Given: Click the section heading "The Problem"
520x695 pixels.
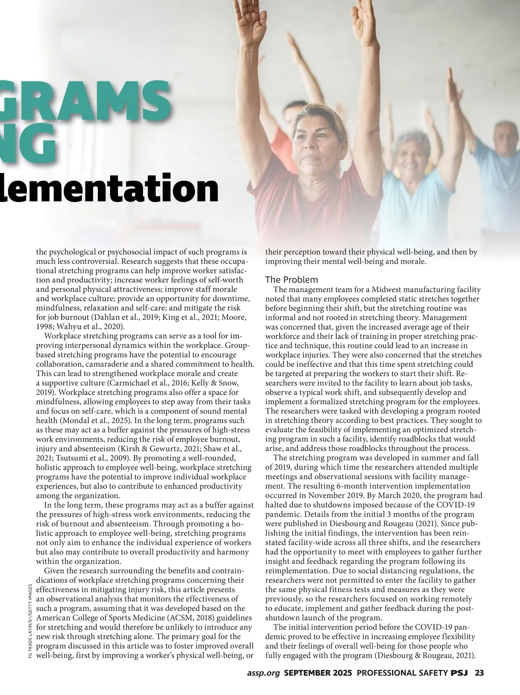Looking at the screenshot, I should coord(291,280).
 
